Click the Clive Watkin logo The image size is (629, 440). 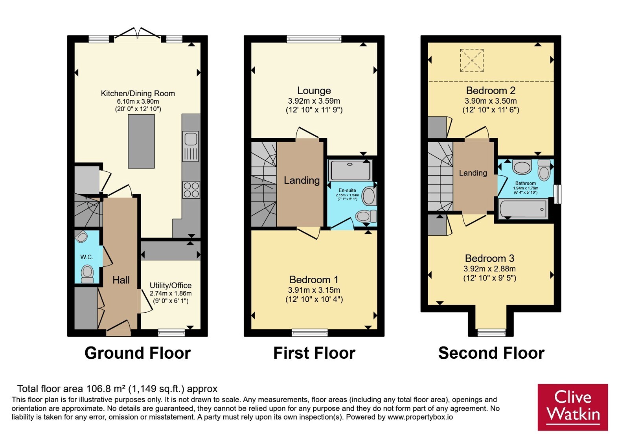click(x=572, y=407)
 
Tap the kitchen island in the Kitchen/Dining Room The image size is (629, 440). click(x=141, y=141)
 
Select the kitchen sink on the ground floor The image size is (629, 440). click(x=191, y=146)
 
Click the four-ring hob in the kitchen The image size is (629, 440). click(x=191, y=190)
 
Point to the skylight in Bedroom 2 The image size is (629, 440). click(x=472, y=60)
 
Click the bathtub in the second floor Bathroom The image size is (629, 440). click(x=522, y=209)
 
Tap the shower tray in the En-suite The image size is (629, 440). click(x=350, y=170)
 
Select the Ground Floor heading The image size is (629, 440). click(x=138, y=353)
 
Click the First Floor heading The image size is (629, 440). click(x=314, y=353)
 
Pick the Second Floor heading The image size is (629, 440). click(x=491, y=353)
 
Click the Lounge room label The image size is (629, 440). click(x=314, y=91)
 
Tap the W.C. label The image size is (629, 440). click(x=86, y=257)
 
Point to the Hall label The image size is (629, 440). click(x=121, y=280)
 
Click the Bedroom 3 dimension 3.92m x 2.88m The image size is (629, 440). click(x=489, y=269)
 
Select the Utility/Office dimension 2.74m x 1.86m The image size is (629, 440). click(x=171, y=293)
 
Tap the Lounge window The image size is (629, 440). click(x=314, y=39)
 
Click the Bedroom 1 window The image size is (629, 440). click(x=310, y=332)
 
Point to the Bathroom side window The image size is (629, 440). click(x=557, y=194)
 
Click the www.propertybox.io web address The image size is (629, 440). click(x=420, y=417)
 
